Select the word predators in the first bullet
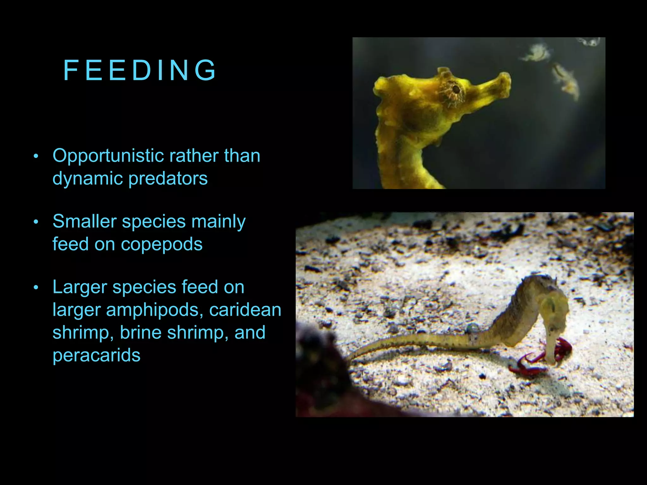(168, 178)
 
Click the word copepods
(161, 244)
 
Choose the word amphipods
(154, 310)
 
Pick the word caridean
(245, 310)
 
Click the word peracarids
(96, 355)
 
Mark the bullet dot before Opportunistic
(36, 156)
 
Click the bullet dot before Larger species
(36, 288)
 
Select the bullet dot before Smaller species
(36, 222)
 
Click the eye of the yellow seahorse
(456, 89)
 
